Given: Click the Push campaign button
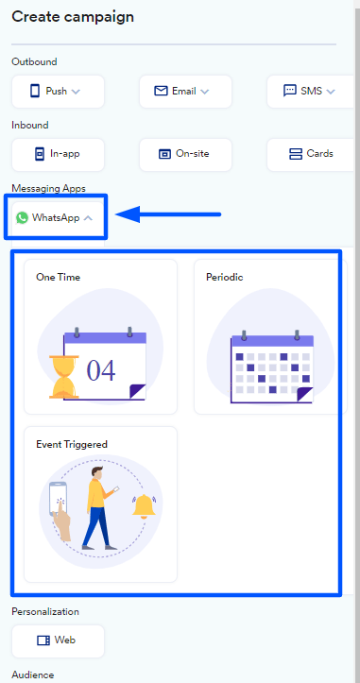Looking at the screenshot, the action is [58, 92].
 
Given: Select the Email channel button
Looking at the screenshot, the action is [185, 92].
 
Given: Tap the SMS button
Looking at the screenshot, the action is [310, 92].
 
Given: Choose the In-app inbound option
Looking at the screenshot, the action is [58, 155].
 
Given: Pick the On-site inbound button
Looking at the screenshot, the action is [185, 155].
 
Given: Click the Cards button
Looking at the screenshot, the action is [310, 155].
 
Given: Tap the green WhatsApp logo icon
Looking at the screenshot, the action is [22, 218].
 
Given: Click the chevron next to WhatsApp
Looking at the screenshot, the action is [88, 218].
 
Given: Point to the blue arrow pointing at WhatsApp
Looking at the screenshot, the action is [168, 213].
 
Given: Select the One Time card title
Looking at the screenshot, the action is [58, 278].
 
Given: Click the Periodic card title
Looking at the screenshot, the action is [225, 278].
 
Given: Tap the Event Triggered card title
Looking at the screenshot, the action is [72, 445].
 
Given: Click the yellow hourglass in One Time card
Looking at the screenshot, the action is [64, 377].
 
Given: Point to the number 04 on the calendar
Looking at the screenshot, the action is [101, 370].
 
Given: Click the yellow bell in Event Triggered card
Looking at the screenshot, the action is [144, 506].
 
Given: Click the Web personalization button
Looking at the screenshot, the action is [58, 640].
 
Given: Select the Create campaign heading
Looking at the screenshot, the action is [73, 17].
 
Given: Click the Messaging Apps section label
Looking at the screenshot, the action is [49, 189].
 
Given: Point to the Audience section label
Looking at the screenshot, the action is [33, 675].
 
